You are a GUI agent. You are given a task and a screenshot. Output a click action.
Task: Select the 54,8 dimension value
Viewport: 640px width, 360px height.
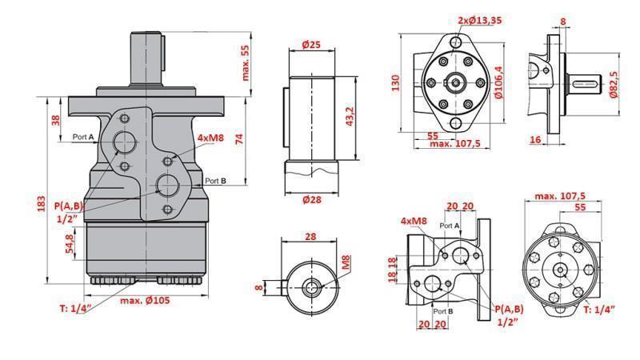click(70, 241)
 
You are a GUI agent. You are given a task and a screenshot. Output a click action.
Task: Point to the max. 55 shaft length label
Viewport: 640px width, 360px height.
click(246, 62)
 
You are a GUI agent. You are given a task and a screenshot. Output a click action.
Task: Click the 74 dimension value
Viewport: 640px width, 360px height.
click(238, 138)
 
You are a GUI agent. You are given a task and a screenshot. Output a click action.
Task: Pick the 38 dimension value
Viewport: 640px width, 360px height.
click(55, 120)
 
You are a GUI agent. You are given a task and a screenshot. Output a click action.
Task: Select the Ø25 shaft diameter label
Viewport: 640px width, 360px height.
click(310, 46)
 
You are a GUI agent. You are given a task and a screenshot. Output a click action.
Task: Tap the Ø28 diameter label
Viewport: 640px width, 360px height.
click(312, 199)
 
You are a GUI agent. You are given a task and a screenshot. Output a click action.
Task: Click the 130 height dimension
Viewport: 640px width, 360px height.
click(395, 82)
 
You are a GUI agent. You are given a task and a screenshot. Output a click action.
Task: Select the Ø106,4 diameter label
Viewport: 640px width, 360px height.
click(498, 82)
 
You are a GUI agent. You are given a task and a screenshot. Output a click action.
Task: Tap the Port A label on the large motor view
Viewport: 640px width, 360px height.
click(83, 137)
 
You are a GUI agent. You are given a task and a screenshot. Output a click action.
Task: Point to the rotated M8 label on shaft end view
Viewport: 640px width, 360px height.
click(346, 262)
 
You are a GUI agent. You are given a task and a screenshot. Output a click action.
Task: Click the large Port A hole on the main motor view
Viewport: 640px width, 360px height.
click(125, 142)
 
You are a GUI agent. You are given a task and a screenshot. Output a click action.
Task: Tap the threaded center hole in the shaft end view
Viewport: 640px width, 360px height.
click(311, 286)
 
